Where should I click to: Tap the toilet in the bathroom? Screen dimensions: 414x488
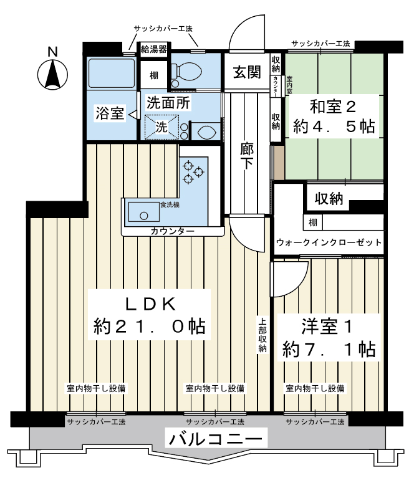(x=186, y=74)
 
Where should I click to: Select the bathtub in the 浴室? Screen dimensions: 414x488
(x=112, y=74)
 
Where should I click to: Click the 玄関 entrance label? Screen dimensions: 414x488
(x=247, y=72)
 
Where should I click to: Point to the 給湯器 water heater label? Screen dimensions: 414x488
(x=154, y=49)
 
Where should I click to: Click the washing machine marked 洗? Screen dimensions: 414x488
(x=162, y=127)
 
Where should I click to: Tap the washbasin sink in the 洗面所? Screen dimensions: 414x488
(x=206, y=132)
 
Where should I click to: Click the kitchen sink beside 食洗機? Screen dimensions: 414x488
(x=144, y=213)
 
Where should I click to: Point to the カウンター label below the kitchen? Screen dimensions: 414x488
(x=172, y=231)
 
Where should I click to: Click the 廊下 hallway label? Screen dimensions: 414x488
(x=247, y=156)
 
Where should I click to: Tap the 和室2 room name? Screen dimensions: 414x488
(x=333, y=107)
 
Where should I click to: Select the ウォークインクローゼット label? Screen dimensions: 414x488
(x=329, y=242)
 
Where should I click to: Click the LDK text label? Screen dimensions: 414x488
(x=151, y=304)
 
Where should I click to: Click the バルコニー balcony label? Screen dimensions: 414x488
(x=215, y=439)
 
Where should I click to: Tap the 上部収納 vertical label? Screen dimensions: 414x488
(x=262, y=335)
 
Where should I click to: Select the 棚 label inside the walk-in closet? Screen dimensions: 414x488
(x=313, y=222)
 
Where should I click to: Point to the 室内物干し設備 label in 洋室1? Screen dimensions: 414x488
(x=315, y=388)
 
